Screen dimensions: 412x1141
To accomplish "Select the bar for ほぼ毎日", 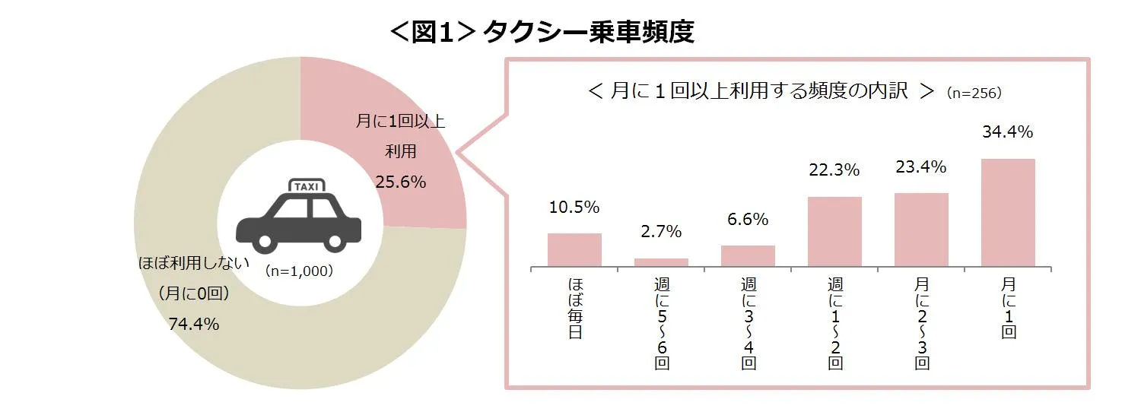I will [x=574, y=249].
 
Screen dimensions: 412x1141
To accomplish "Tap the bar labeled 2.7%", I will [x=661, y=262].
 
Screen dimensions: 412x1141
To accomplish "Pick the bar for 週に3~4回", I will [x=748, y=255].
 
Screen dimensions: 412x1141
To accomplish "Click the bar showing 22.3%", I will [x=834, y=231].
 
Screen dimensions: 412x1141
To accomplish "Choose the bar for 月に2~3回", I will [x=921, y=230].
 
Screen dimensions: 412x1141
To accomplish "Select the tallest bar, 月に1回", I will [x=1008, y=212].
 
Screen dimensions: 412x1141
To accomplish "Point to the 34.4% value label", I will [x=1007, y=132].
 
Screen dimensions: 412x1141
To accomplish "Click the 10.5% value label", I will [x=574, y=207].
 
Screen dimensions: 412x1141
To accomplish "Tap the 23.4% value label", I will [x=920, y=166].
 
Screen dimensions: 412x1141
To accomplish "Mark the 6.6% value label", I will [x=748, y=220].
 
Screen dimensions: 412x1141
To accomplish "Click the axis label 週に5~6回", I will [x=662, y=323].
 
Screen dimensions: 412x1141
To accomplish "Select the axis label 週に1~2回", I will [x=835, y=323].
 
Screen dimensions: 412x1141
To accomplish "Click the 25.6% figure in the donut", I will [x=400, y=182].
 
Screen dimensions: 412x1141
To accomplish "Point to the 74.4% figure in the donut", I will [x=194, y=325].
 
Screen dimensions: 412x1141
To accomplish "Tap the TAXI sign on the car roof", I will [x=307, y=186].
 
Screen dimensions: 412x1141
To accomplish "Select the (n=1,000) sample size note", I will [x=299, y=270].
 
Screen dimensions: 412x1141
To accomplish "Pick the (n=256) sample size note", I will [x=974, y=93].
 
